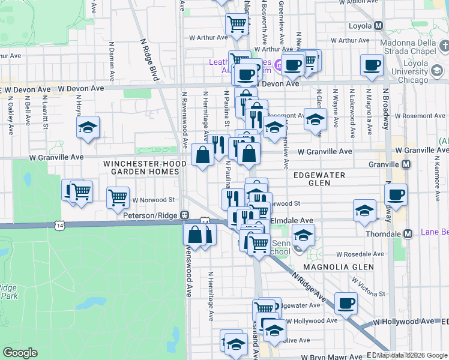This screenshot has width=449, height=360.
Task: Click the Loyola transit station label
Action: [360, 26]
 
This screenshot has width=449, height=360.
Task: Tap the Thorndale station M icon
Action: [408, 233]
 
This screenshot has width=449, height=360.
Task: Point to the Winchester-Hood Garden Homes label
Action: [141, 167]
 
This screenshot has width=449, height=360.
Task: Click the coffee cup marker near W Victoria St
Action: [345, 303]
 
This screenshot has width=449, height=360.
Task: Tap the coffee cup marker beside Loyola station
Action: [371, 65]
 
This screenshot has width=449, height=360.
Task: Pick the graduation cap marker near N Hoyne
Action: [88, 128]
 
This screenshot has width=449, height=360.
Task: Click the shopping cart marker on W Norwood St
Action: [118, 197]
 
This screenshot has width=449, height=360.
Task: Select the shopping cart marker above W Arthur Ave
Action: [237, 24]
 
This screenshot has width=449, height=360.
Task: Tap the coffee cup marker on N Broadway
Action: [396, 194]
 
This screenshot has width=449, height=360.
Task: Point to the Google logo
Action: [20, 353]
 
